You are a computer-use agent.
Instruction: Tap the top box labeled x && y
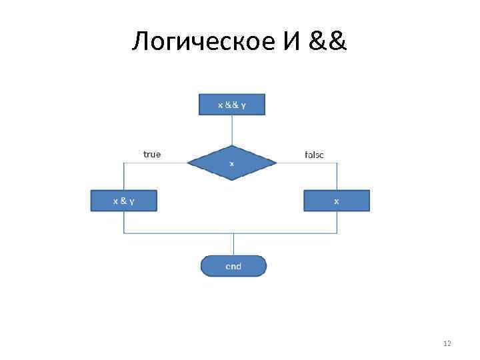pyautogui.click(x=232, y=105)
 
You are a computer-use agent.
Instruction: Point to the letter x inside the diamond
pyautogui.click(x=232, y=163)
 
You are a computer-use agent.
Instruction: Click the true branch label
pyautogui.click(x=152, y=154)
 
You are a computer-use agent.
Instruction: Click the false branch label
pyautogui.click(x=314, y=155)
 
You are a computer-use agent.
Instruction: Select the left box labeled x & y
pyautogui.click(x=123, y=201)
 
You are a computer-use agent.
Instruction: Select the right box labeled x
pyautogui.click(x=336, y=201)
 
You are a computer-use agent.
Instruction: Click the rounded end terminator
pyautogui.click(x=233, y=266)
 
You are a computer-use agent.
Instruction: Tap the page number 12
pyautogui.click(x=447, y=343)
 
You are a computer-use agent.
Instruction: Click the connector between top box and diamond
pyautogui.click(x=232, y=130)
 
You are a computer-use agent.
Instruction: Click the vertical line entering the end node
pyautogui.click(x=233, y=244)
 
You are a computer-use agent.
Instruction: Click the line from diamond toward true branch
pyautogui.click(x=157, y=162)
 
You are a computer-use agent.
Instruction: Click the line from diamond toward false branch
pyautogui.click(x=307, y=162)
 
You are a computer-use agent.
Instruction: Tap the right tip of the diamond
pyautogui.click(x=275, y=162)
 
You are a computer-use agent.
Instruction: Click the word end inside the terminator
pyautogui.click(x=233, y=267)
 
